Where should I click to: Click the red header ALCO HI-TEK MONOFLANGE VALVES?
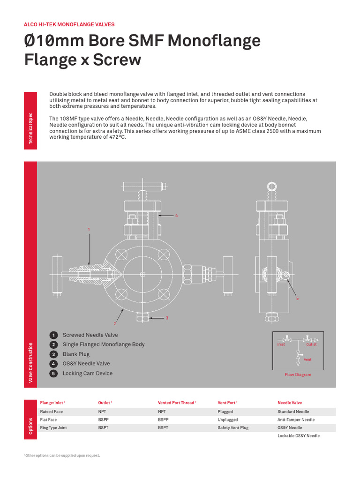coord(69,24)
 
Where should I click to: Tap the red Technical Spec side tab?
coord(31,127)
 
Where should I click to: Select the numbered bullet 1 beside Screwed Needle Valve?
coord(53,335)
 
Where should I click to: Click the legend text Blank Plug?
coord(76,354)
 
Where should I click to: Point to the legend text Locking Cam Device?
coord(88,374)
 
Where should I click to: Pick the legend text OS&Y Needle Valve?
coord(86,364)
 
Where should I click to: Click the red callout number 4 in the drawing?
coord(177,216)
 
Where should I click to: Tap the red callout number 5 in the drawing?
coord(297,299)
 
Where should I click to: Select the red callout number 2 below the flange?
coord(114,323)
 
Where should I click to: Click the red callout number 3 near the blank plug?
coord(167,318)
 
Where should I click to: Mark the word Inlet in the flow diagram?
coord(281,345)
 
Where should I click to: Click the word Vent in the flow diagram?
coord(307,360)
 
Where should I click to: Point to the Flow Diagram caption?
coord(298,375)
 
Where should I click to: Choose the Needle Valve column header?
coord(290,403)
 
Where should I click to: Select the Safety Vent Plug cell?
coord(233,428)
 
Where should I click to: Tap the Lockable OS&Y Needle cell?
coord(299,436)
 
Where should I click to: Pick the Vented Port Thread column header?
coord(176,403)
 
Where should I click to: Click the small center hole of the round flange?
coord(142,274)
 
